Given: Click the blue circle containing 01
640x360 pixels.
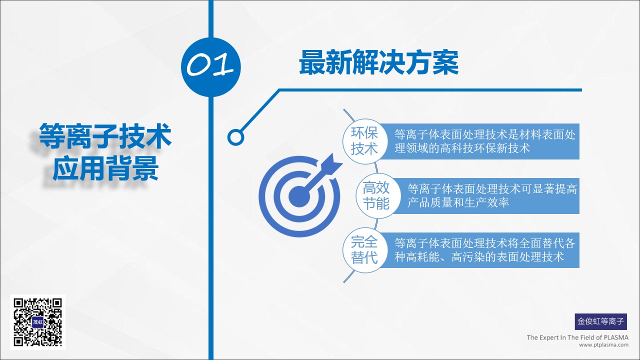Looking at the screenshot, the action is pyautogui.click(x=211, y=67).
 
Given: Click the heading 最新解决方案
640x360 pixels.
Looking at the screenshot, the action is pyautogui.click(x=378, y=62).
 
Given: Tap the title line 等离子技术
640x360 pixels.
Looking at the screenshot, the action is pyautogui.click(x=105, y=136).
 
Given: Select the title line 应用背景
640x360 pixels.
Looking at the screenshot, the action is pyautogui.click(x=105, y=168).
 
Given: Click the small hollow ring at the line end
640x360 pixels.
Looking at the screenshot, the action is pyautogui.click(x=235, y=137).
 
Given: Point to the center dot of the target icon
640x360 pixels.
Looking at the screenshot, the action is pyautogui.click(x=299, y=196).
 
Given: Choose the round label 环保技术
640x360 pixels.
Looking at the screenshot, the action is pyautogui.click(x=365, y=141).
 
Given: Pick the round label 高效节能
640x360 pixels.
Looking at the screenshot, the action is pyautogui.click(x=377, y=195).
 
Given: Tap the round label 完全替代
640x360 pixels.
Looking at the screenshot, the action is pyautogui.click(x=365, y=250).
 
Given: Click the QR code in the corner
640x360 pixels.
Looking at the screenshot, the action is pyautogui.click(x=37, y=322).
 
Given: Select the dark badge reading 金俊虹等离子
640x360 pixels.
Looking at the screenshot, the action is pyautogui.click(x=601, y=321).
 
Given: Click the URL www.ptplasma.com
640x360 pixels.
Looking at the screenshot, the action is pyautogui.click(x=603, y=345).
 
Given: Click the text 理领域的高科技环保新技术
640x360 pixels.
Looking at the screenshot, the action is pyautogui.click(x=462, y=148).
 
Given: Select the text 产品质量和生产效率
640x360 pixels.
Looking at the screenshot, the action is pyautogui.click(x=458, y=202).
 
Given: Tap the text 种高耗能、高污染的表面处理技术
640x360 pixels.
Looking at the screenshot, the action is pyautogui.click(x=479, y=257).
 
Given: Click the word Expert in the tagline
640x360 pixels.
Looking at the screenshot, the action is pyautogui.click(x=548, y=337).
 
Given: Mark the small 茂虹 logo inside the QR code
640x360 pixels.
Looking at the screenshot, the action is pyautogui.click(x=37, y=322).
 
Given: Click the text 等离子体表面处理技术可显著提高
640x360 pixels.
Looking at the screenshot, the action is pyautogui.click(x=492, y=189).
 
